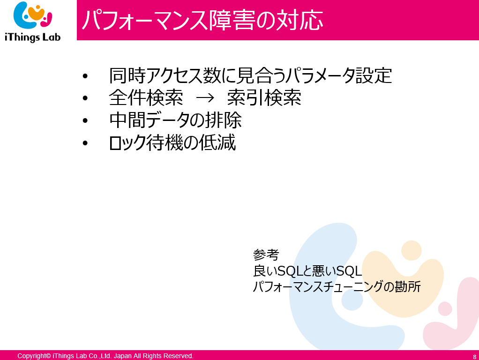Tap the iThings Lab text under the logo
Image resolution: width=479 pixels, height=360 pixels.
coord(33,37)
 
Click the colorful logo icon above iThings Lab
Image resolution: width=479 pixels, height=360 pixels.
coord(33,15)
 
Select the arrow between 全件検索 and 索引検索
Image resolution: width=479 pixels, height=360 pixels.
coord(205,98)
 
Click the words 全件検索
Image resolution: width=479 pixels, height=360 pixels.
coord(146,98)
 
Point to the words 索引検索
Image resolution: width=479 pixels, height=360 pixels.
coord(264,98)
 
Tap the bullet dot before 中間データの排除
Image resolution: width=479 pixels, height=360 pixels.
coord(85,120)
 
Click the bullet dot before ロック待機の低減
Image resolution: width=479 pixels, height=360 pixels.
coord(85,142)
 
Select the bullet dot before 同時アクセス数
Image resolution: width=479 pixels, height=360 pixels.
coord(85,75)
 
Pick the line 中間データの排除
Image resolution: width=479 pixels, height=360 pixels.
coord(176,120)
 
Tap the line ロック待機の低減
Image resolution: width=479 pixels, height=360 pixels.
coord(172,142)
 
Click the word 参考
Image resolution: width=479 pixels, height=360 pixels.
coord(266,255)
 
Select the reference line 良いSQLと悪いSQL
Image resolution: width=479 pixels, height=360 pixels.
coord(307,270)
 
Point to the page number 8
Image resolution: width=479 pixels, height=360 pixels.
coord(475,357)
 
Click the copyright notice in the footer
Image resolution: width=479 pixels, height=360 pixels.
coord(105,356)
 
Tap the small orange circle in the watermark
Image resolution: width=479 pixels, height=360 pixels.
coord(411,250)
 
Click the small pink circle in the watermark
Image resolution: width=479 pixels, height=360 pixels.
coord(445,308)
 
